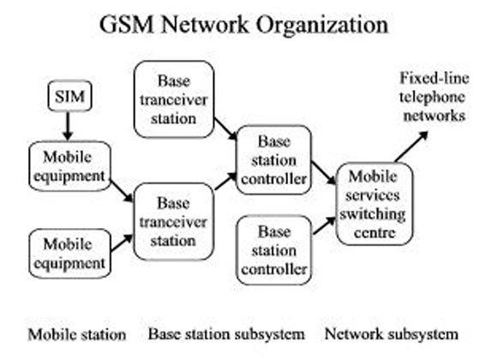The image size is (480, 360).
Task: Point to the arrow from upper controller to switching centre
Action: tap(324, 173)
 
